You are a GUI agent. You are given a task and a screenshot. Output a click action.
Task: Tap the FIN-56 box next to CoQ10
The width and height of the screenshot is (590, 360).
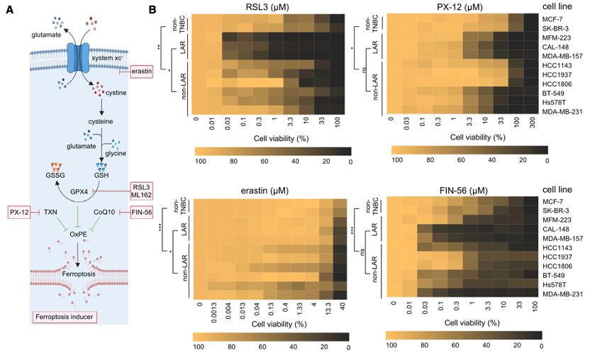(x=143, y=211)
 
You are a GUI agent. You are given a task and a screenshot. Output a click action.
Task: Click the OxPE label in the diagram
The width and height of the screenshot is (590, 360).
(x=79, y=232)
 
